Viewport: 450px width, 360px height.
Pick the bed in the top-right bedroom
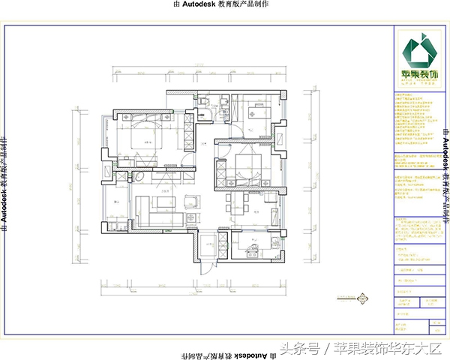coord(253,113)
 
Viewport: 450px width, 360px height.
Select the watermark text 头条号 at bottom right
coord(298,347)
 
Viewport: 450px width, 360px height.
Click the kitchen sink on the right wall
coord(281,244)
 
